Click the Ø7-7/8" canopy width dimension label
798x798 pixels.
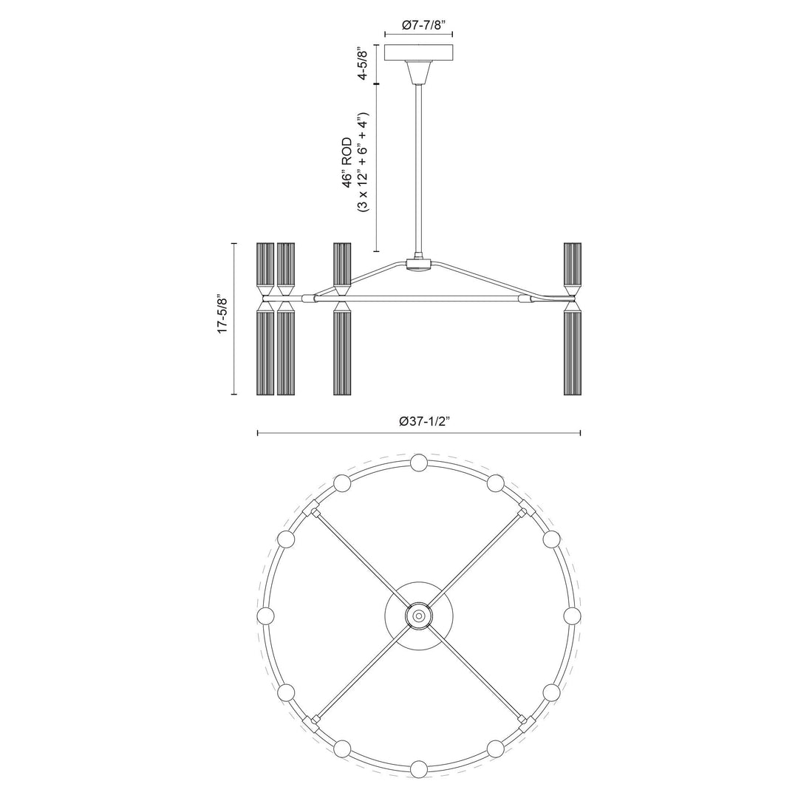419,24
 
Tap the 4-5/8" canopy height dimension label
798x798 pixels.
361,65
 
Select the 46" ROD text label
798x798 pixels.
348,164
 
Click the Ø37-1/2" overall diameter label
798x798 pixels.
419,421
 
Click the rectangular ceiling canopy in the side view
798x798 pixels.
419,54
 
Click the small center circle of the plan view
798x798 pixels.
418,615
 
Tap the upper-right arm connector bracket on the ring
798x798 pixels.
525,508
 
